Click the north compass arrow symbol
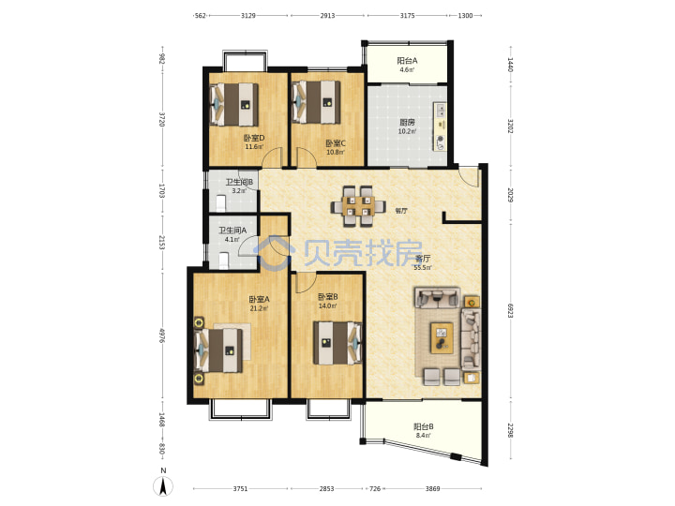(163, 487)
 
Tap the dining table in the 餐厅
(358, 205)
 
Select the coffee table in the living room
(442, 337)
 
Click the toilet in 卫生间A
(223, 260)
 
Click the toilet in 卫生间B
(221, 203)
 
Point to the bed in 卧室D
(234, 105)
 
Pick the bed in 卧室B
(337, 343)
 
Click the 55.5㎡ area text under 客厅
(423, 268)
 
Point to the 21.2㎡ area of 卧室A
(259, 308)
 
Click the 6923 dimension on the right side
(511, 311)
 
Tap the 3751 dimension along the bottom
(240, 488)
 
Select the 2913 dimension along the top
(327, 16)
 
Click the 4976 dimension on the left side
(162, 335)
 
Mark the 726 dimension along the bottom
(375, 488)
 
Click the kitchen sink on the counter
(441, 111)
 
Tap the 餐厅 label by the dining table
(401, 211)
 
